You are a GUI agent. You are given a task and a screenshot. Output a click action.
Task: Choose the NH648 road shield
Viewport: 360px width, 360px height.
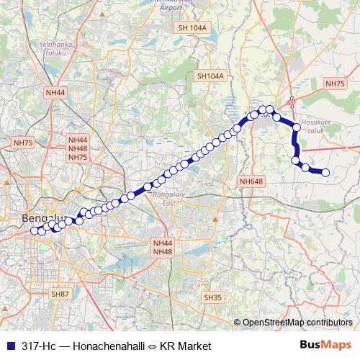click(x=250, y=181)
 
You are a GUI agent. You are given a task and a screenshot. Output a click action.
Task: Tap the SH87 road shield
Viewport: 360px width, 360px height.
click(x=60, y=294)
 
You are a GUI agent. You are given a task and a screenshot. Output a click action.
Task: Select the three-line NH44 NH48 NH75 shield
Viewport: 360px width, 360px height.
click(x=78, y=148)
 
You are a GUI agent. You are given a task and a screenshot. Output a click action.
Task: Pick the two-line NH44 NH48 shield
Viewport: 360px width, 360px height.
click(x=163, y=248)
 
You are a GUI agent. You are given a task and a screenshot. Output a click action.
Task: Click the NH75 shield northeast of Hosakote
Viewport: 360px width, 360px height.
click(x=335, y=84)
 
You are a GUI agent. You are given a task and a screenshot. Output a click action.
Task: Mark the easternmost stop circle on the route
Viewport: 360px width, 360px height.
click(x=325, y=172)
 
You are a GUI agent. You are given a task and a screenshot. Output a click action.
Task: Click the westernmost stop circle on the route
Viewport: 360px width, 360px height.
click(x=33, y=231)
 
